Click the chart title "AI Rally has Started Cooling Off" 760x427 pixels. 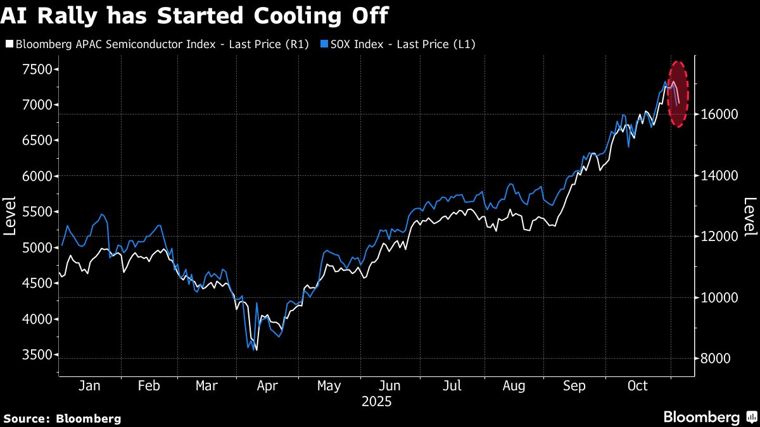(194, 15)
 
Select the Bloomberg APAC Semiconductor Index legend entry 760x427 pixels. (156, 44)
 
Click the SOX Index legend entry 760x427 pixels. (399, 44)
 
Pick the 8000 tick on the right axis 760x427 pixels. (716, 359)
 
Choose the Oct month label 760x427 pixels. (637, 386)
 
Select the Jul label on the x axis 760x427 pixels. (452, 386)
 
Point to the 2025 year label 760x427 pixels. (376, 402)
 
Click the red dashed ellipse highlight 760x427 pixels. (678, 94)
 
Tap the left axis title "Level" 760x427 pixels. (9, 215)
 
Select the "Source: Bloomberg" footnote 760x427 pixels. (62, 418)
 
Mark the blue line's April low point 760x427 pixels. (254, 349)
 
